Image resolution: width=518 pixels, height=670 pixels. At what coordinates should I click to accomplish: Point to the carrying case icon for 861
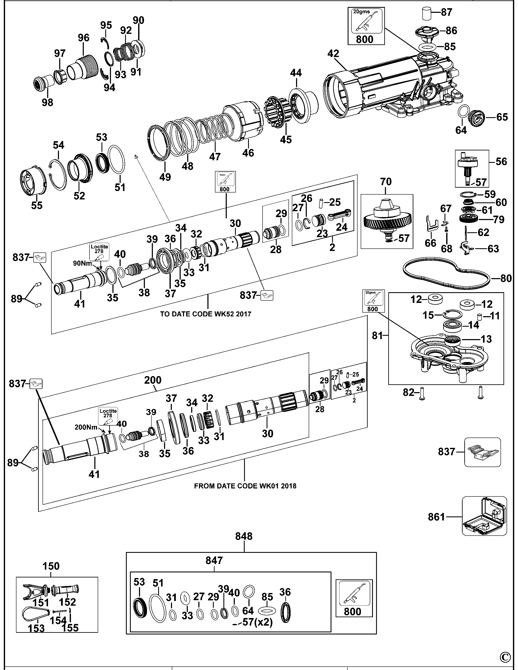point(484,516)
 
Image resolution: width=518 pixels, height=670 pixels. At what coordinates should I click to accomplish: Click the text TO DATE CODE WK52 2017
point(206,314)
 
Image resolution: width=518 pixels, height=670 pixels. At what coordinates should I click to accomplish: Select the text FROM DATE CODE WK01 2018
point(245,486)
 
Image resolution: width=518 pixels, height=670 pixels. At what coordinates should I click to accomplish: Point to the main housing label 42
point(333,54)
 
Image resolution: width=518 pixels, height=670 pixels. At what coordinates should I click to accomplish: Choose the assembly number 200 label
point(153,380)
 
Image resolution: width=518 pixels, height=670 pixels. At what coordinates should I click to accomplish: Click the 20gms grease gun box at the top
point(365,26)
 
